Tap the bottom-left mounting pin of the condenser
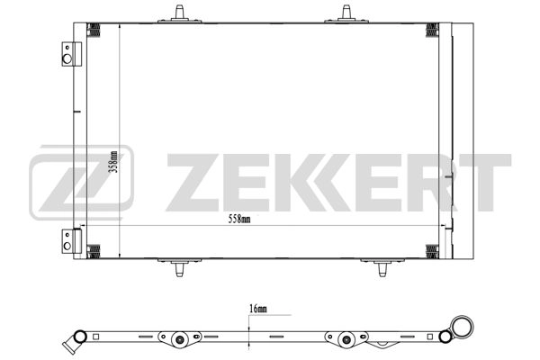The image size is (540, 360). pos(180,267)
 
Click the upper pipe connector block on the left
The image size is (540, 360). pos(68,54)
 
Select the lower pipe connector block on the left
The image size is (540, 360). pos(68,240)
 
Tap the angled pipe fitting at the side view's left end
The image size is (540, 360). pos(69,343)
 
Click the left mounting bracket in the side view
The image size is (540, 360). pos(179,339)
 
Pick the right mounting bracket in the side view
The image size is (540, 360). pos(346,339)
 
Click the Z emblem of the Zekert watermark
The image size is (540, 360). pos(81,183)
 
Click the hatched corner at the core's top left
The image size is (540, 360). pos(94,30)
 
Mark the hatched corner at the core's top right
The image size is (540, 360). pos(432,30)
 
